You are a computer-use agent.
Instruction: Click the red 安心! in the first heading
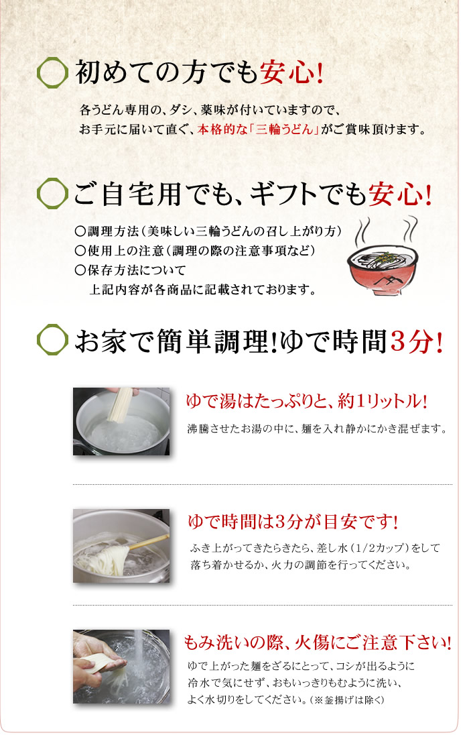click(x=291, y=72)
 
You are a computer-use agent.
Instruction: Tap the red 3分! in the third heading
click(x=416, y=341)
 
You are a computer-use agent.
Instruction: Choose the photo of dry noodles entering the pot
click(x=121, y=421)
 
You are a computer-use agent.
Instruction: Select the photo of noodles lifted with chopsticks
click(x=121, y=546)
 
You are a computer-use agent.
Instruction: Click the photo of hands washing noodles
click(x=121, y=667)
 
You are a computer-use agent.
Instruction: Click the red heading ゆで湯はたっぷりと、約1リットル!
click(x=307, y=402)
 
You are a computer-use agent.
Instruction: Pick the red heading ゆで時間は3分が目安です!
click(x=293, y=522)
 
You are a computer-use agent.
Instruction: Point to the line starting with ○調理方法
click(x=208, y=231)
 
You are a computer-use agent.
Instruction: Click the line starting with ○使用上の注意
click(x=195, y=251)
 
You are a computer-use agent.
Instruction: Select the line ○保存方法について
click(x=130, y=270)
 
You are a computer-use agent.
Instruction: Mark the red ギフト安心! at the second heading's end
click(x=401, y=194)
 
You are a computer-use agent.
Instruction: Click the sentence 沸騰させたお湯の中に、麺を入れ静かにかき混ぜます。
click(x=317, y=429)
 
